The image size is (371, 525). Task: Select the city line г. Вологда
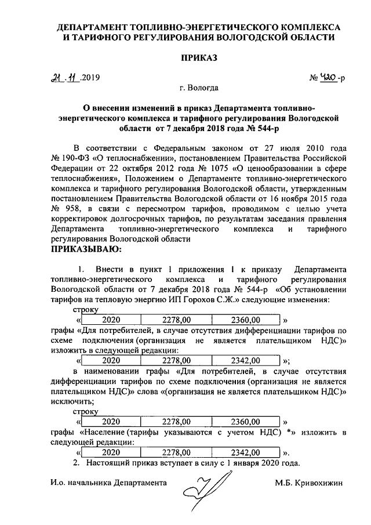[199, 89]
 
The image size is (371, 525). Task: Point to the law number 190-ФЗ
[77, 157]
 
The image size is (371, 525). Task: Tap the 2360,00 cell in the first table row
[246, 319]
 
